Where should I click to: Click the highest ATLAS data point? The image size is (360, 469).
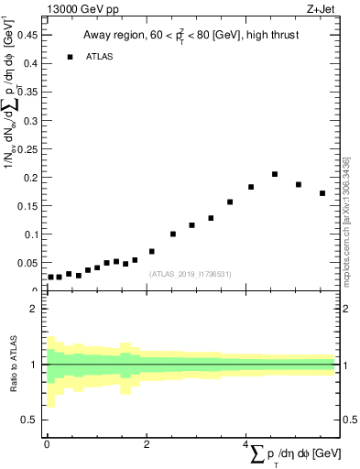coord(275,174)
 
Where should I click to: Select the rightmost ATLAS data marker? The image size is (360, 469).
coord(322,193)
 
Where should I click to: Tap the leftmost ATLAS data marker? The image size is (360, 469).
coord(50,277)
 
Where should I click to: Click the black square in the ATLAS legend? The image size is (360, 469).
coord(70,57)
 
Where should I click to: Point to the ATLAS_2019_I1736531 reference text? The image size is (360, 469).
coord(191,274)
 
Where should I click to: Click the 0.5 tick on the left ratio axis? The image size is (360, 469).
coord(31,420)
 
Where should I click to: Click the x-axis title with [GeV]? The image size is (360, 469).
coord(294,455)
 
